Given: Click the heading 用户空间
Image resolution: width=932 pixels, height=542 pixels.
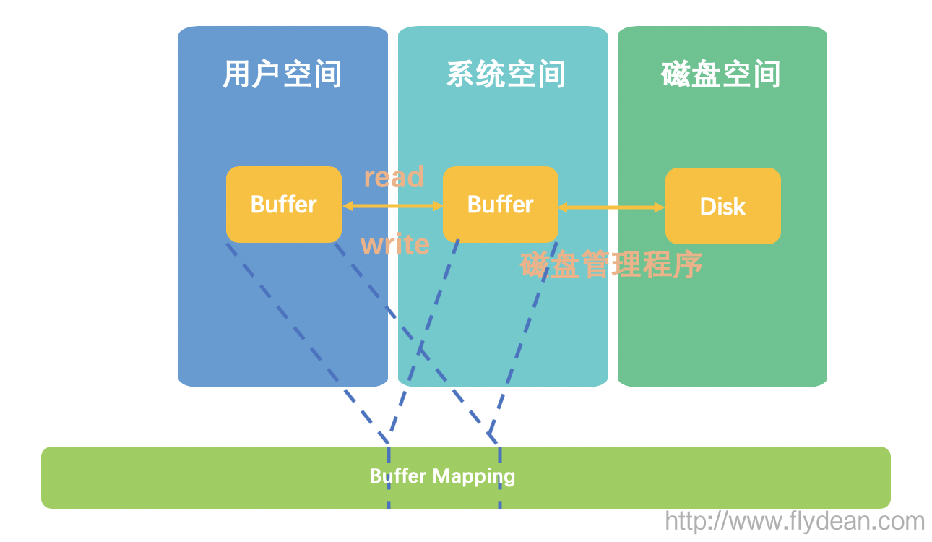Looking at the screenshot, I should pos(282,74).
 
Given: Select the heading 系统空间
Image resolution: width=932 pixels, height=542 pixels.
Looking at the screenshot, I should pos(506,74).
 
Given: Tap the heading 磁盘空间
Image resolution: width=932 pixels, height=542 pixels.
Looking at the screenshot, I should pos(721,74).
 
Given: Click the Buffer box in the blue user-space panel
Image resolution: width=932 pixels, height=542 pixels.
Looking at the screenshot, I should pos(284,205).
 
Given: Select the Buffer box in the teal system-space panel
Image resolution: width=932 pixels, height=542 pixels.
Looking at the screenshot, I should pos(501,205).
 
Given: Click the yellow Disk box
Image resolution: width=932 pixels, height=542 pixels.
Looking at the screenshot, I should pos(722,207).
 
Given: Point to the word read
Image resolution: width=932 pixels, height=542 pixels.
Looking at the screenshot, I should pos(394,177).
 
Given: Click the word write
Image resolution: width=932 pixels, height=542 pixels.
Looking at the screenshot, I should pos(395,244).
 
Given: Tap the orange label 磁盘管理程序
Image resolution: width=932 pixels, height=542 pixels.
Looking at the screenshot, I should pos(611,265).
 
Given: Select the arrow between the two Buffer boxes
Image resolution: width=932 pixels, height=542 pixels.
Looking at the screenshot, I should pos(392,206).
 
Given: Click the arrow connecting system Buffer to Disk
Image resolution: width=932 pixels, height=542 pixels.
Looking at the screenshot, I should pos(611,207).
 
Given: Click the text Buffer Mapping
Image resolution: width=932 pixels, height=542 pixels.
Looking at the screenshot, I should pos(442,476).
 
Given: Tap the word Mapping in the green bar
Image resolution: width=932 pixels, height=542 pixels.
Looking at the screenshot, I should pos(474,477).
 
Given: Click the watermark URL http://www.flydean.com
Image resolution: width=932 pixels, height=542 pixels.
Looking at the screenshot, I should pos(795,521).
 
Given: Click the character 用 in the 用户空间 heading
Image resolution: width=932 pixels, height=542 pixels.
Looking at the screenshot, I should pos(237,74).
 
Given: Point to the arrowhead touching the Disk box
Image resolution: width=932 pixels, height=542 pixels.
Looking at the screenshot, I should pos(659,207).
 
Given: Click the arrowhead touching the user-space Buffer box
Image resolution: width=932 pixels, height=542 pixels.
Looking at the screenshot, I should pos(348,206).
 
